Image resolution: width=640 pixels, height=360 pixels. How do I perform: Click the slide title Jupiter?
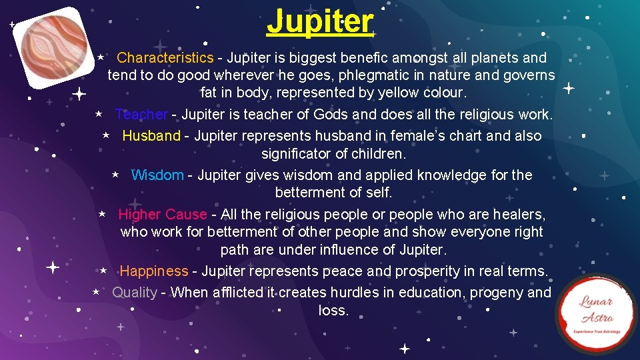[320, 21]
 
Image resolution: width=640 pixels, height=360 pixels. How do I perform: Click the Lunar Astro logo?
[595, 313]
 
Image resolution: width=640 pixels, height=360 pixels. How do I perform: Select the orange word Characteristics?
[165, 58]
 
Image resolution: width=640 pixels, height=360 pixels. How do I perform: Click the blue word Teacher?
[141, 115]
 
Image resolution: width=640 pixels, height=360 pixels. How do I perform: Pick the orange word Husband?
[151, 136]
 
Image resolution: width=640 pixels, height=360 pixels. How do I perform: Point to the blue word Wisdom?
[157, 175]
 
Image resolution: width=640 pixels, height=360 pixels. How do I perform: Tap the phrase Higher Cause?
[162, 215]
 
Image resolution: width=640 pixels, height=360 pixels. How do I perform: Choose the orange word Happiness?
[154, 271]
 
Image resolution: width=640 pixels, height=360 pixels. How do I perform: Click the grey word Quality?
[134, 293]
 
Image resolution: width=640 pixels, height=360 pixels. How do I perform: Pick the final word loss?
[333, 311]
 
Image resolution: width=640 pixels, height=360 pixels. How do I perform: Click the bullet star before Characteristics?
[99, 58]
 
